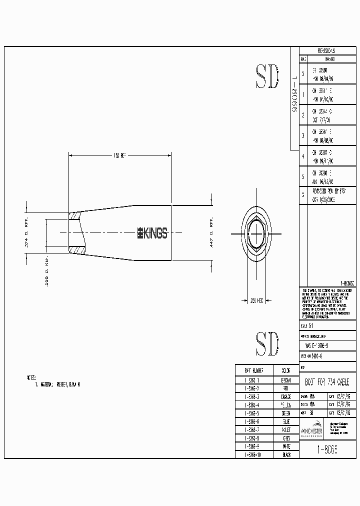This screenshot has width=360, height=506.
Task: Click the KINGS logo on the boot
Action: point(152,232)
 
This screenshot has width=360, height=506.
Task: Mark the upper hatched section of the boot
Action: point(74,217)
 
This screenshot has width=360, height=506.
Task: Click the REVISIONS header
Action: point(326,51)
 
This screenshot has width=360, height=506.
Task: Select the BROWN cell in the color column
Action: point(286,380)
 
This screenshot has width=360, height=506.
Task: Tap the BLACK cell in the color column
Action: point(286,454)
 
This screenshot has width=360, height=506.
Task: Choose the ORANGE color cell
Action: point(286,396)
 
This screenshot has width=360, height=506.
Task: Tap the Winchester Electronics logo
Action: point(313,430)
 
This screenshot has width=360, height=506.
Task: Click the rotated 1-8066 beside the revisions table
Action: point(294,95)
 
